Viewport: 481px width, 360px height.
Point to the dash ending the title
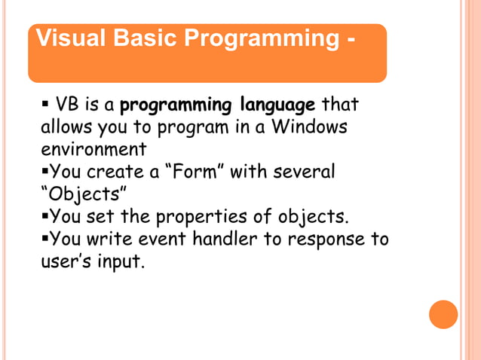tap(351, 38)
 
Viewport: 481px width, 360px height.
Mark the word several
tap(298, 172)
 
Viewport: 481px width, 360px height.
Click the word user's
tap(68, 263)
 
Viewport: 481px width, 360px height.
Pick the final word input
tap(121, 264)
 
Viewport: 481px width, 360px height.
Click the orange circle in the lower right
tap(443, 314)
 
